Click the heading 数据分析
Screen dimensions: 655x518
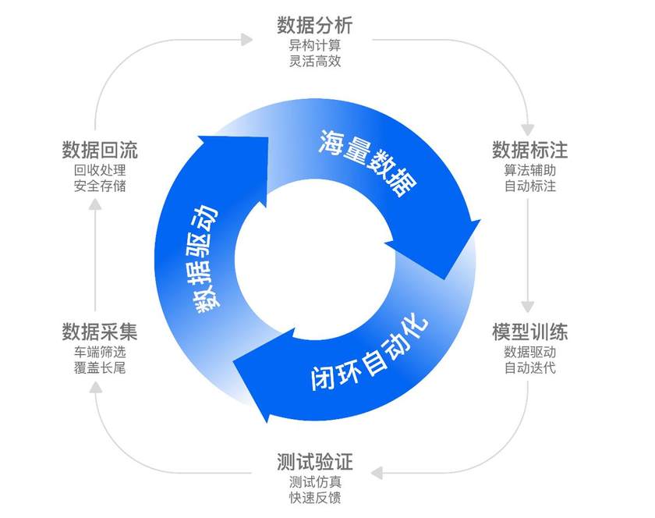coord(315,25)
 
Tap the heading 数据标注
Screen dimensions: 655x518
coord(529,150)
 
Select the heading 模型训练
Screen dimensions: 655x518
coord(529,332)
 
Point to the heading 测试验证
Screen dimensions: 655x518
coord(315,462)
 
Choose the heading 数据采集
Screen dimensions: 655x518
coord(100,332)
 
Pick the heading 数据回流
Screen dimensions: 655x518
coord(100,150)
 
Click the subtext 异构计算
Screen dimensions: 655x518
coord(315,45)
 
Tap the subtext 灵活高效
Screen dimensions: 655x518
coord(315,61)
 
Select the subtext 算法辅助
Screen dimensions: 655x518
coord(529,170)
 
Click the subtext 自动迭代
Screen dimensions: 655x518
coord(529,368)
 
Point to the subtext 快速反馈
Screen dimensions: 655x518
coord(315,498)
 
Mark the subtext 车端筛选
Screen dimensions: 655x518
coord(100,352)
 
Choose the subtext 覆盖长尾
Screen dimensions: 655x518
coord(100,368)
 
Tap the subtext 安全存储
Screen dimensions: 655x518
coord(100,186)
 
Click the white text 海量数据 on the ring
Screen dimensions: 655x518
coord(367,163)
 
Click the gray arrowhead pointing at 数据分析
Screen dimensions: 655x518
coord(247,40)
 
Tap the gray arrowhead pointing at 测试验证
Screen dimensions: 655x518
coord(377,474)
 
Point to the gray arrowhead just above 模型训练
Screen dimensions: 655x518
coord(528,307)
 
